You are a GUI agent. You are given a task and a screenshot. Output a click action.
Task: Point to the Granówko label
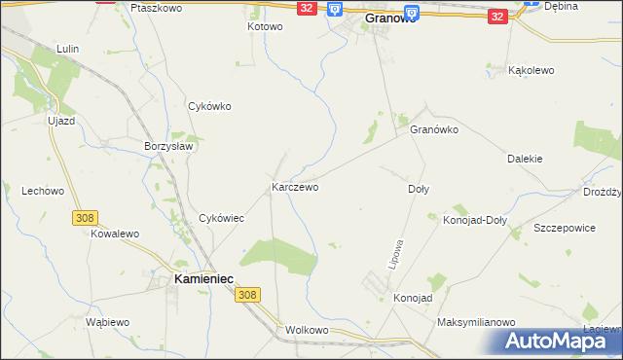click(434, 129)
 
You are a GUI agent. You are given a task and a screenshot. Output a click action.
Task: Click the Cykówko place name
click(209, 107)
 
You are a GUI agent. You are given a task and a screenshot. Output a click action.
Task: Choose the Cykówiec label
click(221, 219)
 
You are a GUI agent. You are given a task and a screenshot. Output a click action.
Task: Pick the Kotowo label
click(264, 26)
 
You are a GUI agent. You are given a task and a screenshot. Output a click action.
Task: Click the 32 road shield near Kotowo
click(307, 8)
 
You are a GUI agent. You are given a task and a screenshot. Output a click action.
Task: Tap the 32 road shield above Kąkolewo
click(496, 17)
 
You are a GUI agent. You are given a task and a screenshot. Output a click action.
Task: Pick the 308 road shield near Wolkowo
click(248, 295)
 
